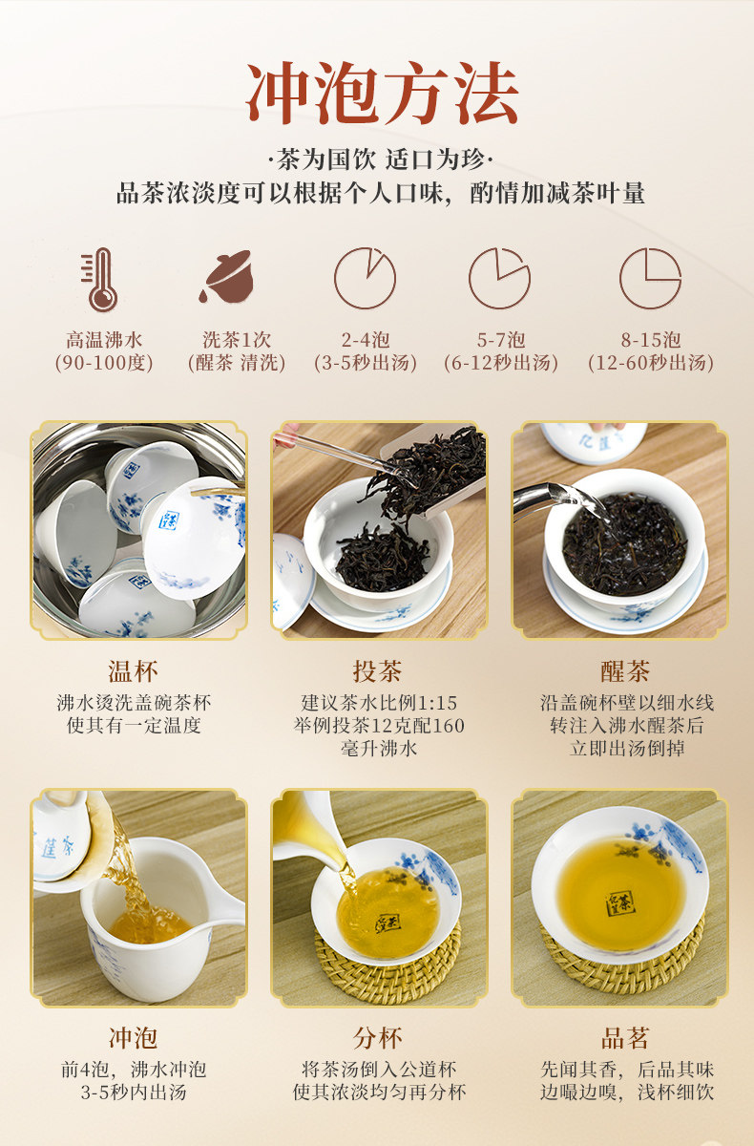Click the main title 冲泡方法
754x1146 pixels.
(382, 94)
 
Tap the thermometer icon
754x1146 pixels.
(99, 279)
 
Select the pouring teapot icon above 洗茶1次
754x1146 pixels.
(227, 277)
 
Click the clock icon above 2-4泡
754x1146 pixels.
(365, 278)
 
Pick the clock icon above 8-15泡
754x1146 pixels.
(650, 278)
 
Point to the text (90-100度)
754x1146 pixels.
(104, 363)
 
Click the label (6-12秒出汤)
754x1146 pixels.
(500, 363)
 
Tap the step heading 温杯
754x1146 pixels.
(133, 671)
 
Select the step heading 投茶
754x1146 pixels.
(378, 671)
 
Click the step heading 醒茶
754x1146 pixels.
(625, 671)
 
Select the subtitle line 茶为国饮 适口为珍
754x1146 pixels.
(382, 160)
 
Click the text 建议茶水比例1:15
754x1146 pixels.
(379, 703)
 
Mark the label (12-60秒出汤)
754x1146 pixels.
(651, 363)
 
